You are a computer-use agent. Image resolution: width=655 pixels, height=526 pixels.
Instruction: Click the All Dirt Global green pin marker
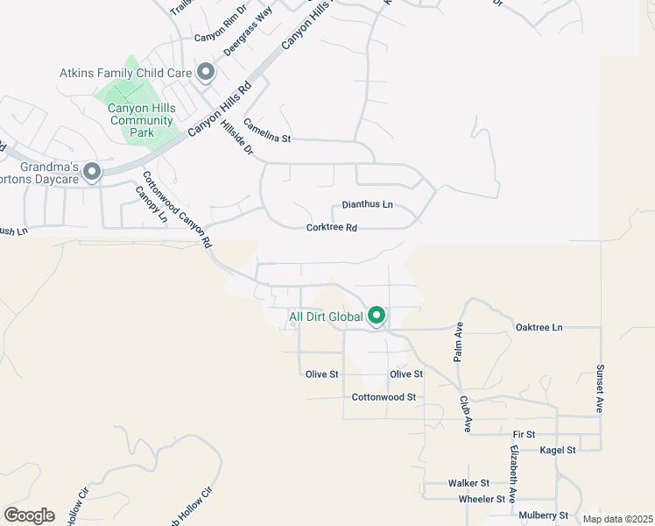pos(377,315)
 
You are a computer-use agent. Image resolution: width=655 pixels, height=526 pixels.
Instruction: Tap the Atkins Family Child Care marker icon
pos(207,72)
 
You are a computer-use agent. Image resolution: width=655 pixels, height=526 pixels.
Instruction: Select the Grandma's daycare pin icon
pos(92,172)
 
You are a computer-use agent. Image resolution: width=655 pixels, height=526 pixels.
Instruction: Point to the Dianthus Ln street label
pos(367,204)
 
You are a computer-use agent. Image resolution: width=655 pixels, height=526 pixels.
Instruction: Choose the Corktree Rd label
pos(332,228)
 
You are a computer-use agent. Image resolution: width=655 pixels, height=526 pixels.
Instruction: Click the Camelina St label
pos(266,131)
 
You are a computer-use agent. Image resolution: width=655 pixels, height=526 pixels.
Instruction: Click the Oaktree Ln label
pos(539,327)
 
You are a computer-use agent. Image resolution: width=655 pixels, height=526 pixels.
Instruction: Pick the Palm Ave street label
pos(457,342)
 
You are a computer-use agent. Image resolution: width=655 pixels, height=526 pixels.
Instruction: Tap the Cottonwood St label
pos(383,397)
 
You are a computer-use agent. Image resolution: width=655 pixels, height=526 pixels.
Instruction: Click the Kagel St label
pos(557,450)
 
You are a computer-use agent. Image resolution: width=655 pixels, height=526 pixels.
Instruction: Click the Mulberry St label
pos(543,515)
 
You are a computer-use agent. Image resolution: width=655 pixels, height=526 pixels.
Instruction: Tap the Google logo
pos(30,515)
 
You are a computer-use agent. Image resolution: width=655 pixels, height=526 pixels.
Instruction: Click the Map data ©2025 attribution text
pos(616,519)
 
